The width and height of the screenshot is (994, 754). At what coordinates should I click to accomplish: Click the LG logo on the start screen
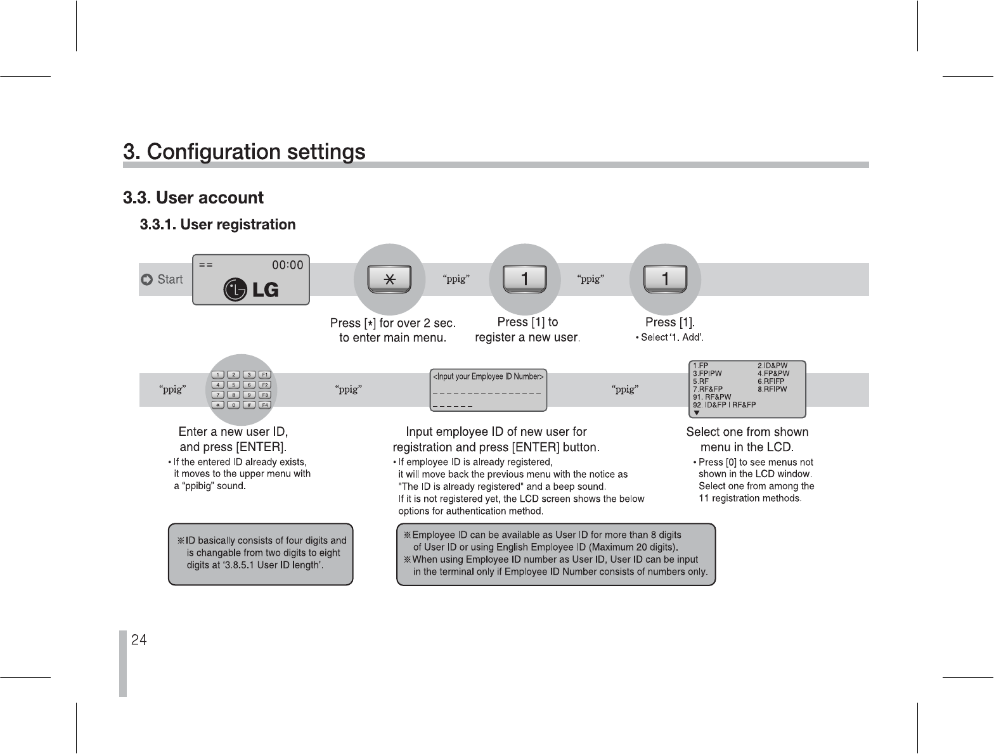[251, 290]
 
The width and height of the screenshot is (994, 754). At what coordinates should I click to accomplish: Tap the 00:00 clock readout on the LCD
[287, 265]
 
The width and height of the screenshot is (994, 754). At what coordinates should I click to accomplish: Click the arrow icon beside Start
[146, 279]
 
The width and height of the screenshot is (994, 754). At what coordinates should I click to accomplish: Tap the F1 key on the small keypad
[266, 375]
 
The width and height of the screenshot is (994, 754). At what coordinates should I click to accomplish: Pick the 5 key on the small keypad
[234, 385]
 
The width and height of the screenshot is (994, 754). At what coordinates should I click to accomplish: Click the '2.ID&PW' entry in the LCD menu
[773, 366]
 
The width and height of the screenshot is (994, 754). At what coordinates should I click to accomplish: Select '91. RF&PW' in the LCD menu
[712, 397]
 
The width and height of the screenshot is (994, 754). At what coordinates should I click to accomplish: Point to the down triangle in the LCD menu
[697, 413]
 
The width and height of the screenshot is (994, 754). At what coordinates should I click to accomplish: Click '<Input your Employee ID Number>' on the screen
[487, 377]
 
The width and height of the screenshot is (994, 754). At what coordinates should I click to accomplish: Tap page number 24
[139, 640]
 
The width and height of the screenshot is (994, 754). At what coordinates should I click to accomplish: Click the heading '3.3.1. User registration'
[217, 225]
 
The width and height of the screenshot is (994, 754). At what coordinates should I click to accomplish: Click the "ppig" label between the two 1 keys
[591, 279]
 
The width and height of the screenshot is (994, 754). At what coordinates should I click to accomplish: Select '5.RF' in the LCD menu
[700, 381]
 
